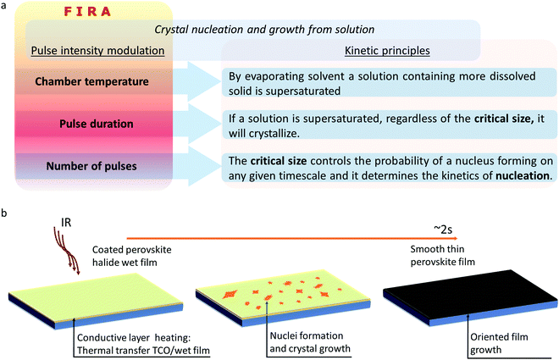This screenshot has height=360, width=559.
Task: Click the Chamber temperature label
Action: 91,82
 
